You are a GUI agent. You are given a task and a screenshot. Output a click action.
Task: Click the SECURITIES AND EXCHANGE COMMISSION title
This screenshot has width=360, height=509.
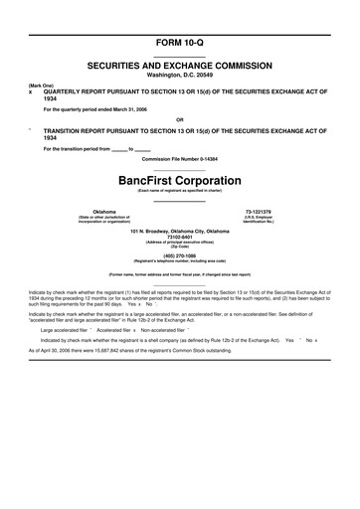point(179,63)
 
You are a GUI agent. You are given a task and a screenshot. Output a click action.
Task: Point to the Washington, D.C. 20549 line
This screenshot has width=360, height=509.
point(179,73)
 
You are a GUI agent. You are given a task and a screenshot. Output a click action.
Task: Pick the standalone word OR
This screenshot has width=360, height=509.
point(179,120)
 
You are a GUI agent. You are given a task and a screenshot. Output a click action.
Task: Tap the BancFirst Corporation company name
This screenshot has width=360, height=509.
point(179,181)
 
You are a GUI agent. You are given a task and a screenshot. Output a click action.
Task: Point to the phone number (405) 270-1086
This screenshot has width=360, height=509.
point(179,254)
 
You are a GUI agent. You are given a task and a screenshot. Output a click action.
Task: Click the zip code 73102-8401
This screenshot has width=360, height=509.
point(179,238)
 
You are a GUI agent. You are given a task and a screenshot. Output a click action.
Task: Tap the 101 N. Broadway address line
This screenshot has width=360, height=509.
point(179,232)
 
